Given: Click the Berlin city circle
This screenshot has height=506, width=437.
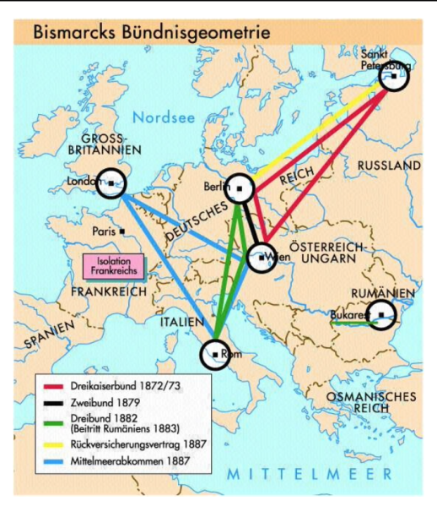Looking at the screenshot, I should point(240,188).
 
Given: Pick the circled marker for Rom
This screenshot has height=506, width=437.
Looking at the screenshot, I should point(215,354).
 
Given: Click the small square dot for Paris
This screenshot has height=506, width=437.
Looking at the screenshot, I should point(123,230).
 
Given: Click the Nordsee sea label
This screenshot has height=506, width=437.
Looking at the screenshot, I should point(169,117).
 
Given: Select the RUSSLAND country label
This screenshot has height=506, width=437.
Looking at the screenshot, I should point(388,166).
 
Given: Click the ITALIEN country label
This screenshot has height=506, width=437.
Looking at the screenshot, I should point(177,321).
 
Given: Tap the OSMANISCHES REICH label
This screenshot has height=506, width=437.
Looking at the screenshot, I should point(384,402).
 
